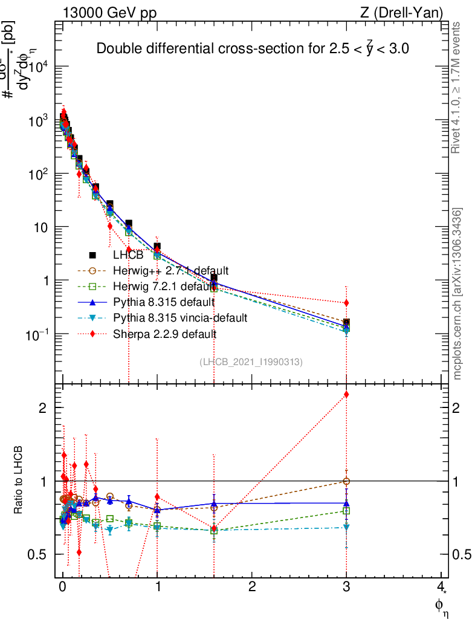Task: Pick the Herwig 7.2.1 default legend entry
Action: click(164, 286)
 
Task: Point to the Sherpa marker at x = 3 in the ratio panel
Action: click(346, 394)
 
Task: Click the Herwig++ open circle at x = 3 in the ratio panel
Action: click(346, 481)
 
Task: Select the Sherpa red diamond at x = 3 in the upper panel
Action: click(346, 302)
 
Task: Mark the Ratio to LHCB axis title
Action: click(19, 481)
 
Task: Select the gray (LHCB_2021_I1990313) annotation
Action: click(251, 361)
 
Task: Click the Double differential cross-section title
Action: click(253, 49)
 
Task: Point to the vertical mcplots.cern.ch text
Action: click(457, 294)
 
